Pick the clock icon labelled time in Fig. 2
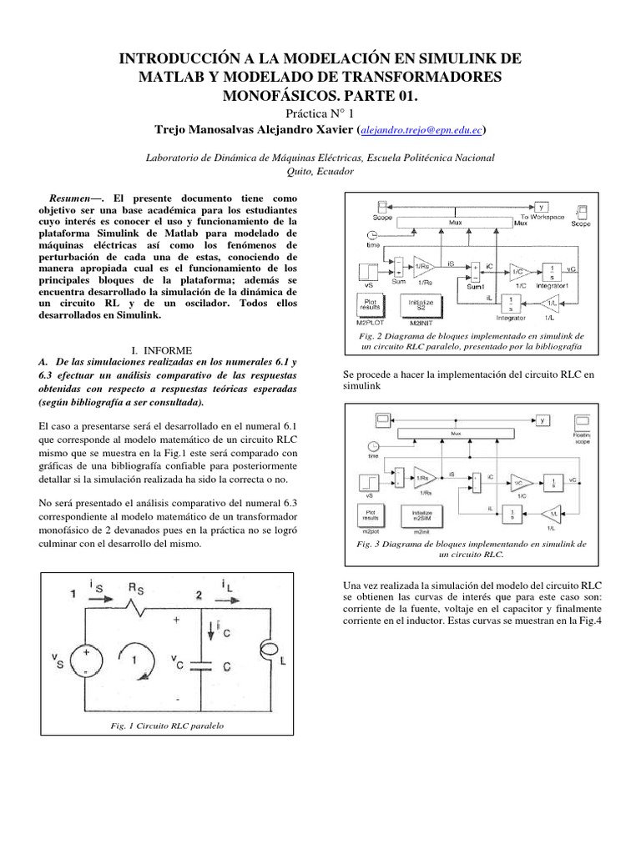click(x=372, y=236)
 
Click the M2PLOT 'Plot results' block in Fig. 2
click(x=370, y=304)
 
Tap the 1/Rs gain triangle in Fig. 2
click(x=424, y=263)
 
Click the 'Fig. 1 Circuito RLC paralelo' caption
click(x=167, y=726)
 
